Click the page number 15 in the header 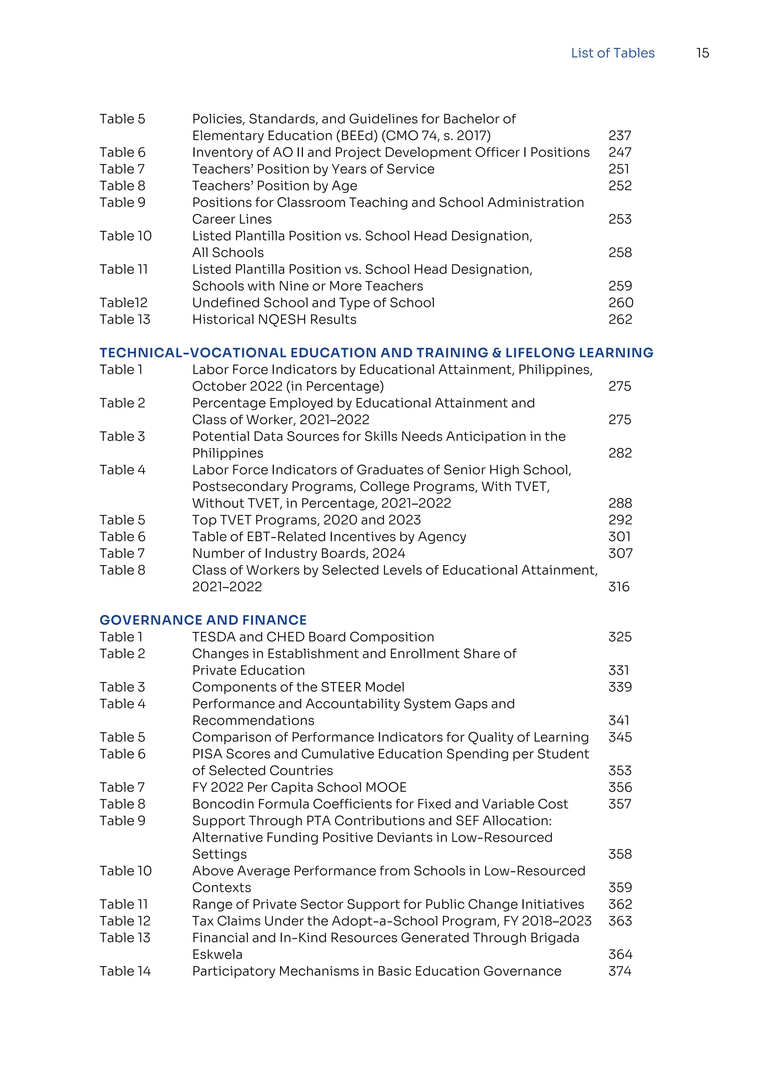tap(702, 53)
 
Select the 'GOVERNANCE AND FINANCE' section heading tap(203, 620)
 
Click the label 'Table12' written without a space tap(123, 303)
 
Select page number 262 tap(620, 319)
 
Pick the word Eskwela tap(217, 954)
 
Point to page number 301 tap(619, 537)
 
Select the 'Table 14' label tap(125, 971)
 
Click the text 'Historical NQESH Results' tap(274, 319)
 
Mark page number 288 tap(620, 503)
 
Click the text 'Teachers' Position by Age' tap(275, 186)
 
